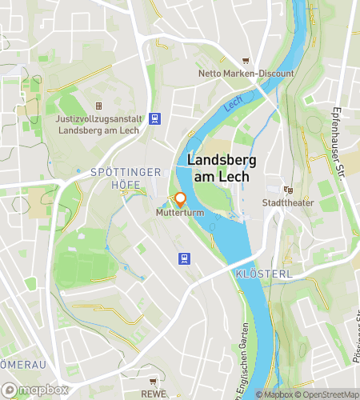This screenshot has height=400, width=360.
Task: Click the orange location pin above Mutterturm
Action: point(180,199)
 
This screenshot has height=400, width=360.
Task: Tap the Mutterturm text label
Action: point(179,214)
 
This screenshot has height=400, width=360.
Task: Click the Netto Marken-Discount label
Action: point(246,74)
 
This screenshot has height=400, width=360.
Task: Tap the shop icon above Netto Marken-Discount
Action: point(246,61)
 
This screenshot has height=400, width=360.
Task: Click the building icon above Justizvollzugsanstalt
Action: point(98,106)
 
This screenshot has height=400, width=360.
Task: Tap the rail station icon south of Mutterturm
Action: point(184,258)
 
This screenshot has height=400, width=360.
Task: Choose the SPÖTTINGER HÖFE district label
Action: point(126,178)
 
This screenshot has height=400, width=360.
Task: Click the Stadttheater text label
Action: point(288,203)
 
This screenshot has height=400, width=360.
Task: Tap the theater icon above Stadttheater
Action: point(288,190)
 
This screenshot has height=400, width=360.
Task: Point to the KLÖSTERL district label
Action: point(264,274)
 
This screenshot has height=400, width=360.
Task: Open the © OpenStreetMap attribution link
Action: point(328,394)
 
